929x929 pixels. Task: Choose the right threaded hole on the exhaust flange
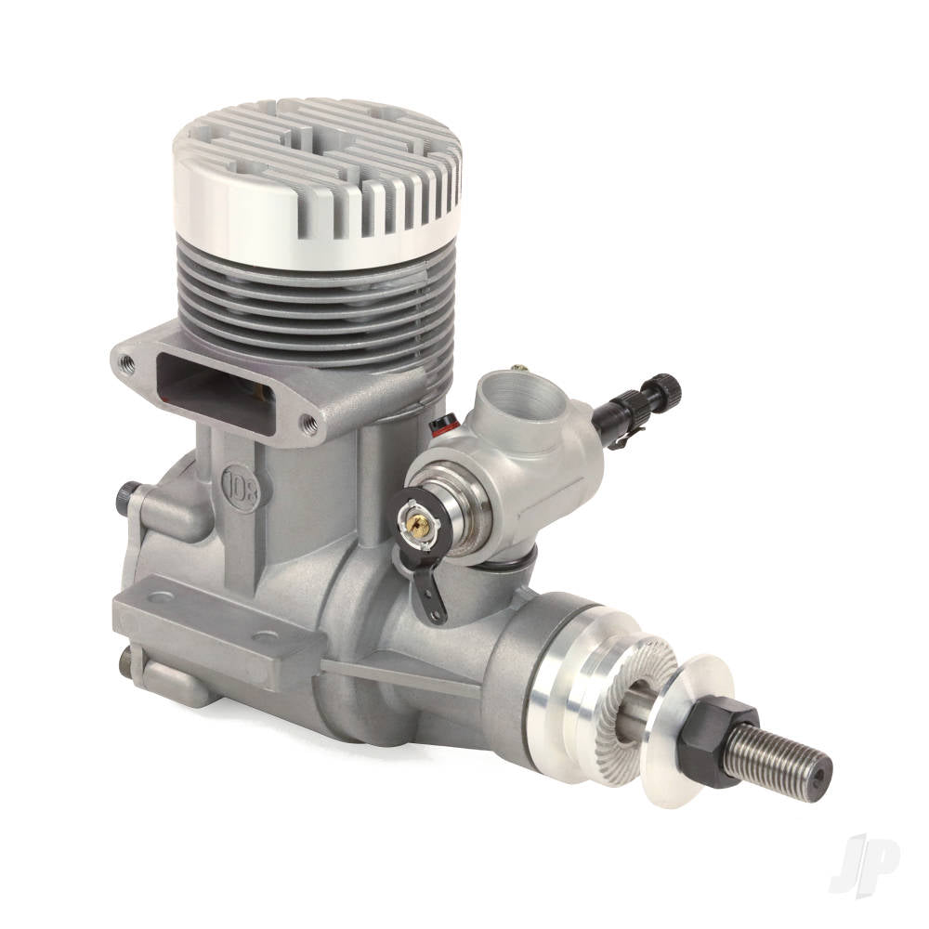[x=310, y=425]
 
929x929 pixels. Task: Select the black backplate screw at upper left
[x=124, y=496]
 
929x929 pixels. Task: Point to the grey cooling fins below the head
[x=316, y=297]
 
